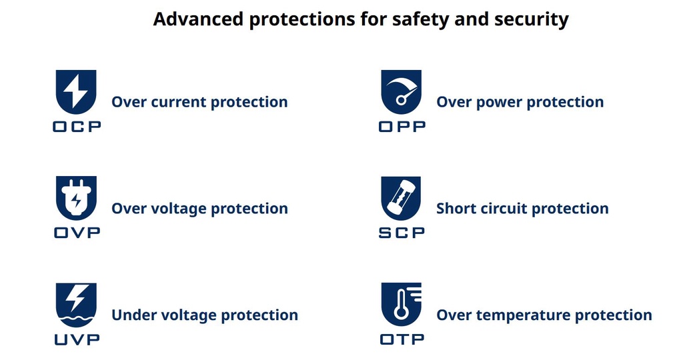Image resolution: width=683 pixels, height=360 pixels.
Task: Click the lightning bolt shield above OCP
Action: click(x=76, y=92)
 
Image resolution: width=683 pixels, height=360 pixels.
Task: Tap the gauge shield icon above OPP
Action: click(x=401, y=92)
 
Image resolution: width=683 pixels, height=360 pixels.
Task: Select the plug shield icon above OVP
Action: click(x=76, y=198)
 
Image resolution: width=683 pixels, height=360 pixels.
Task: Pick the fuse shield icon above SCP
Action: click(x=401, y=198)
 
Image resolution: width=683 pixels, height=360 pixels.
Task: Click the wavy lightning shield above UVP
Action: click(x=76, y=305)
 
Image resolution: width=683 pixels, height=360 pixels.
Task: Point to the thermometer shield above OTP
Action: click(x=401, y=305)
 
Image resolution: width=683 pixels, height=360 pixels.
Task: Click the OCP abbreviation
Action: click(x=77, y=127)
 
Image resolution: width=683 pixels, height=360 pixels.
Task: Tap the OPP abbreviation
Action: click(x=402, y=127)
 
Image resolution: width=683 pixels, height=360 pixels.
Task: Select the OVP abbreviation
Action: click(x=77, y=233)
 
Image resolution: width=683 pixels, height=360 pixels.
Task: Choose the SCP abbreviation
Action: click(x=402, y=233)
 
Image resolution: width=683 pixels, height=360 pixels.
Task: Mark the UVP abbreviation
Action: click(x=77, y=339)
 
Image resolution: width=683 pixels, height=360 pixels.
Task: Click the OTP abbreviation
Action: click(x=402, y=339)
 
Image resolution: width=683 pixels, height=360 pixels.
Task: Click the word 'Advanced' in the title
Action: click(x=198, y=19)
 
